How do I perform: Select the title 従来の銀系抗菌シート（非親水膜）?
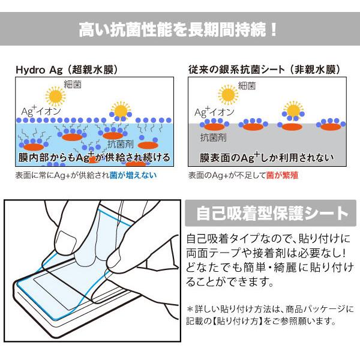pyautogui.click(x=264, y=70)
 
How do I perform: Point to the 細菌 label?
pyautogui.click(x=72, y=85)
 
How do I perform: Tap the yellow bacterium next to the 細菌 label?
pyautogui.click(x=55, y=95)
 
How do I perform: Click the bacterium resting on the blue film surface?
pyautogui.click(x=120, y=110)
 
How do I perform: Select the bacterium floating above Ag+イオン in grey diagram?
pyautogui.click(x=228, y=94)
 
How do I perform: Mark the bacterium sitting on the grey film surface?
pyautogui.click(x=292, y=110)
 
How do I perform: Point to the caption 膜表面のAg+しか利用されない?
pyautogui.click(x=264, y=158)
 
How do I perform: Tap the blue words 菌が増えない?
pyautogui.click(x=139, y=176)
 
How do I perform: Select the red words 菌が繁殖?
pyautogui.click(x=286, y=176)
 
